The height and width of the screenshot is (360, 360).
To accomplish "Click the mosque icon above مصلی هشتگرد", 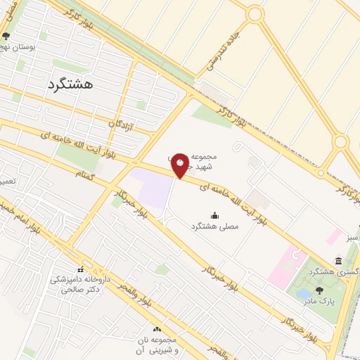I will [x=214, y=215].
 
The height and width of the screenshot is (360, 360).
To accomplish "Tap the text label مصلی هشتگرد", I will [x=214, y=226].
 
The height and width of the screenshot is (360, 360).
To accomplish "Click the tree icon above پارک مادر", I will [x=319, y=290].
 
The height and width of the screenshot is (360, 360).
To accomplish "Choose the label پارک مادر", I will [x=316, y=301].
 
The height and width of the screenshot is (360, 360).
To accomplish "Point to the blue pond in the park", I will [x=304, y=292].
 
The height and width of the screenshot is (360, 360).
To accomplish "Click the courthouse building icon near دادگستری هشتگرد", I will [x=340, y=262].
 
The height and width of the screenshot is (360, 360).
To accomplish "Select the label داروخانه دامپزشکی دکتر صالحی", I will [x=79, y=283].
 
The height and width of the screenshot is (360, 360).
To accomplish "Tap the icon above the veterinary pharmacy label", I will [x=80, y=269].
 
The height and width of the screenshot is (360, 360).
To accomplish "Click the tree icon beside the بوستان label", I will [x=6, y=37].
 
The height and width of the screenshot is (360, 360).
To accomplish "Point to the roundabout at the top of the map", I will [x=255, y=13].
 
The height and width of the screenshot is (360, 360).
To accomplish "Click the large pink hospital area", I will [x=288, y=260].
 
